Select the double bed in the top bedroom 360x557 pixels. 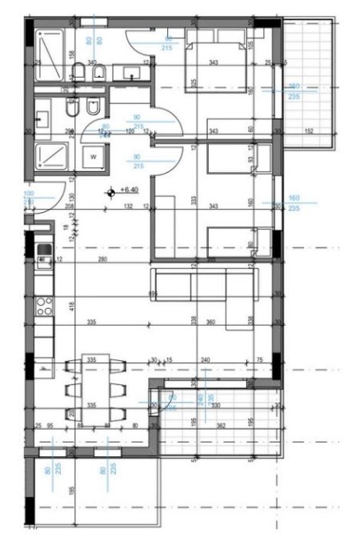point(216,64)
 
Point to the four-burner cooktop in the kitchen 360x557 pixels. point(44,305)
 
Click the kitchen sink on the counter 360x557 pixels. point(43,256)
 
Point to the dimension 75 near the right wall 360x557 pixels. point(260,361)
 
